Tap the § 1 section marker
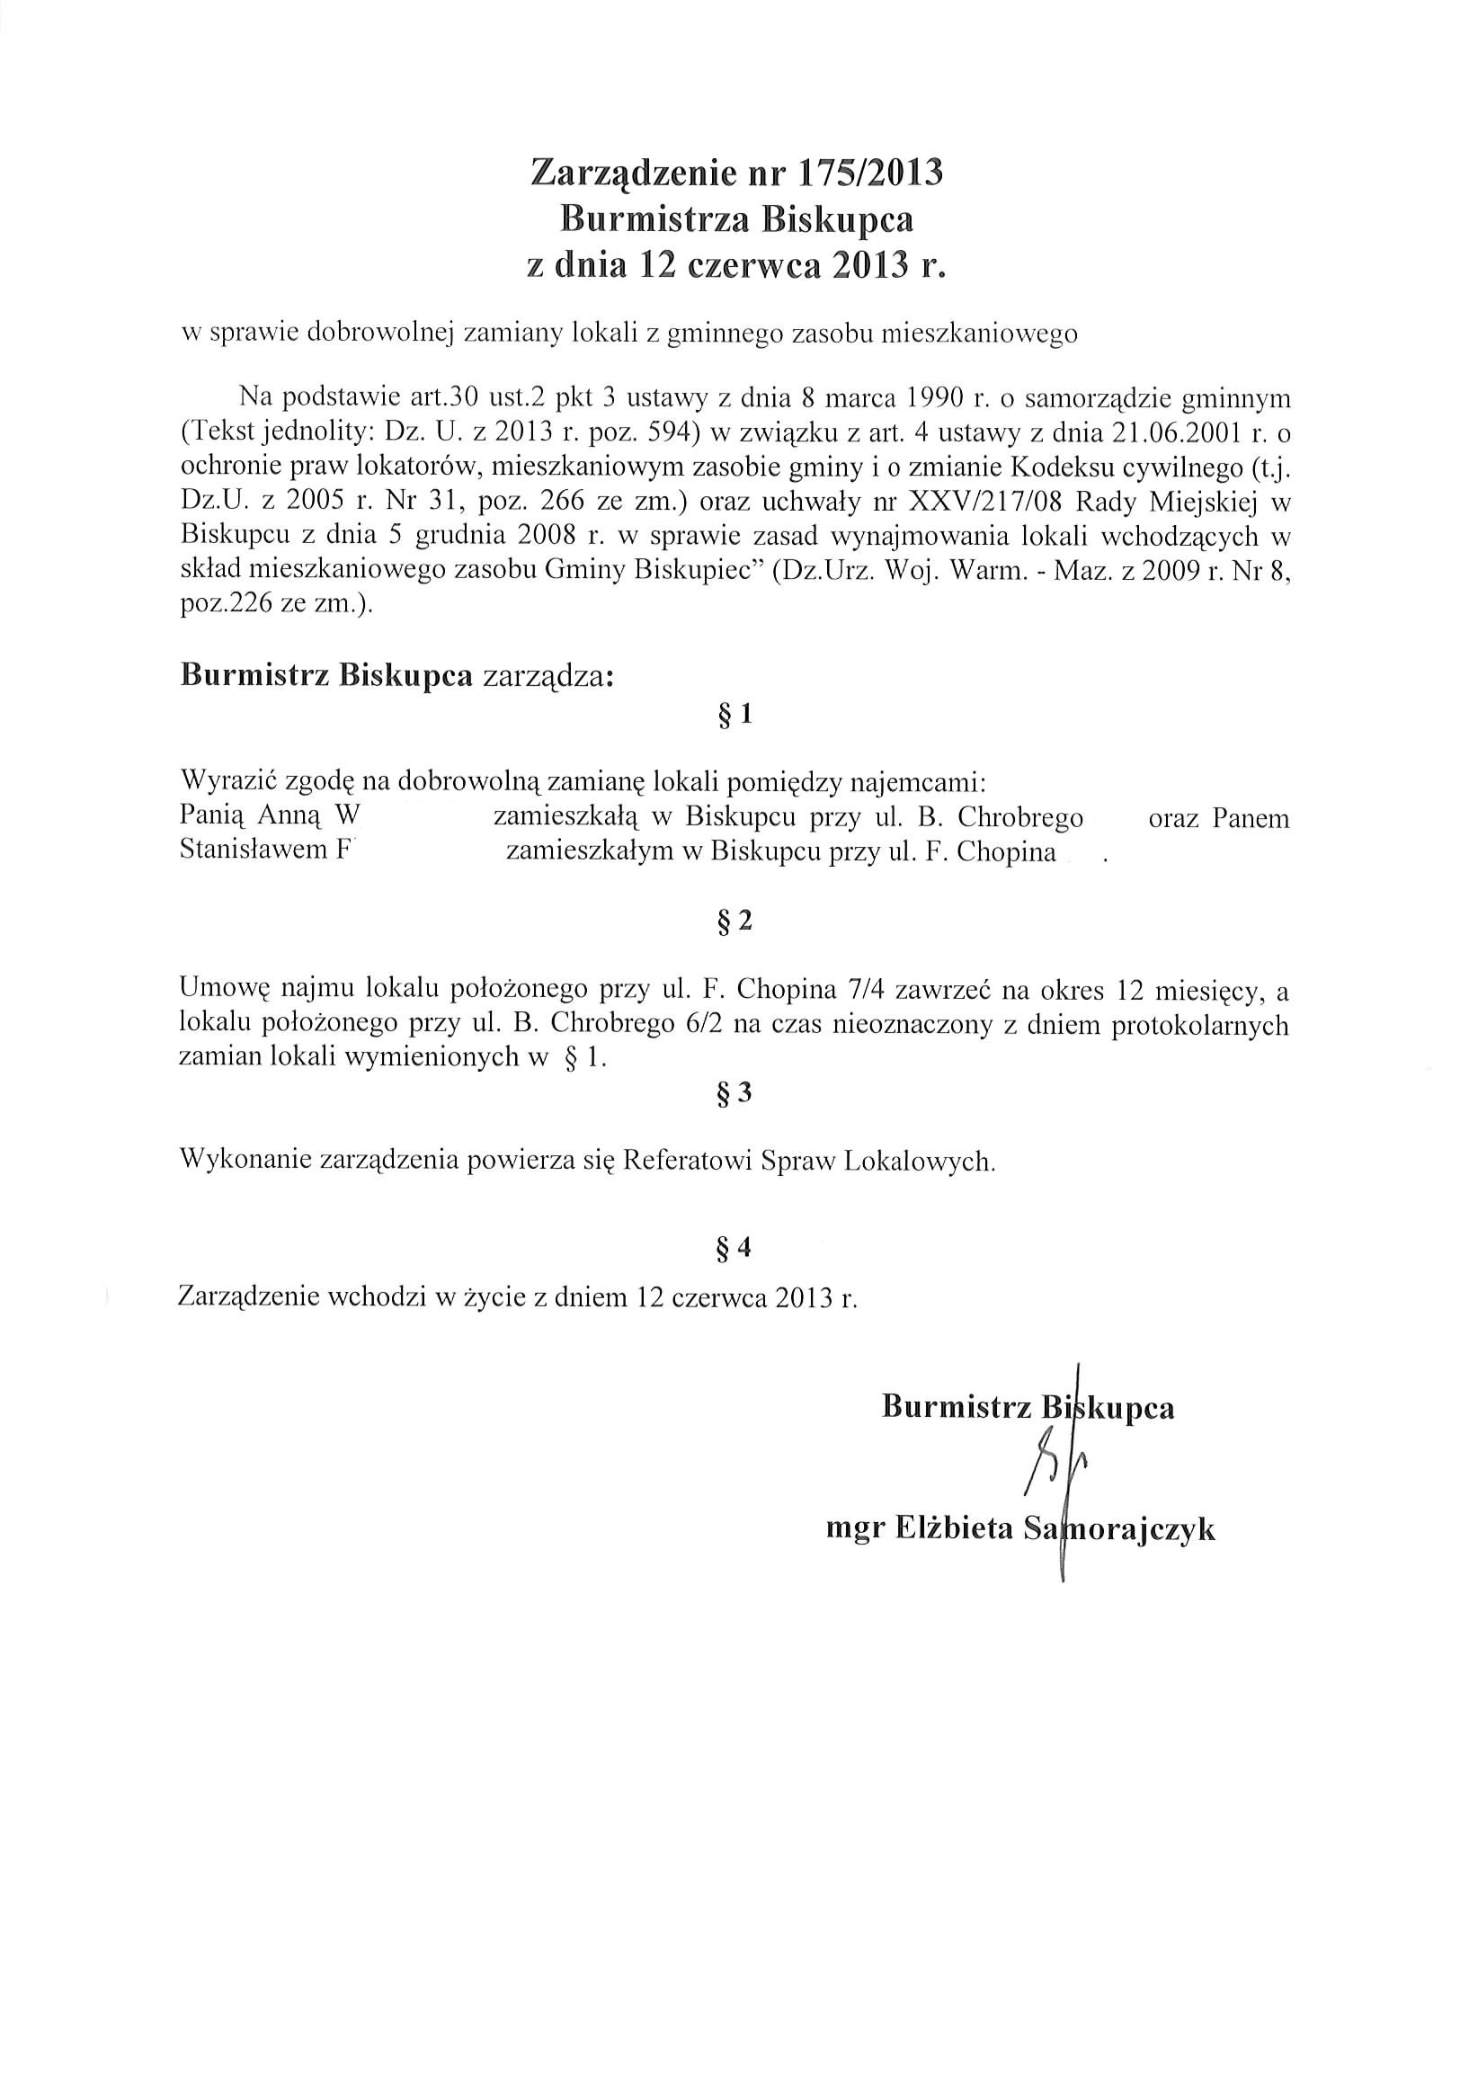(x=734, y=715)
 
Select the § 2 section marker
(x=734, y=921)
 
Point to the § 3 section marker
(x=734, y=1093)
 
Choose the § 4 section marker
(x=734, y=1248)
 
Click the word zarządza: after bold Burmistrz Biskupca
(x=547, y=676)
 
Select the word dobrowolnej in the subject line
(x=382, y=334)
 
